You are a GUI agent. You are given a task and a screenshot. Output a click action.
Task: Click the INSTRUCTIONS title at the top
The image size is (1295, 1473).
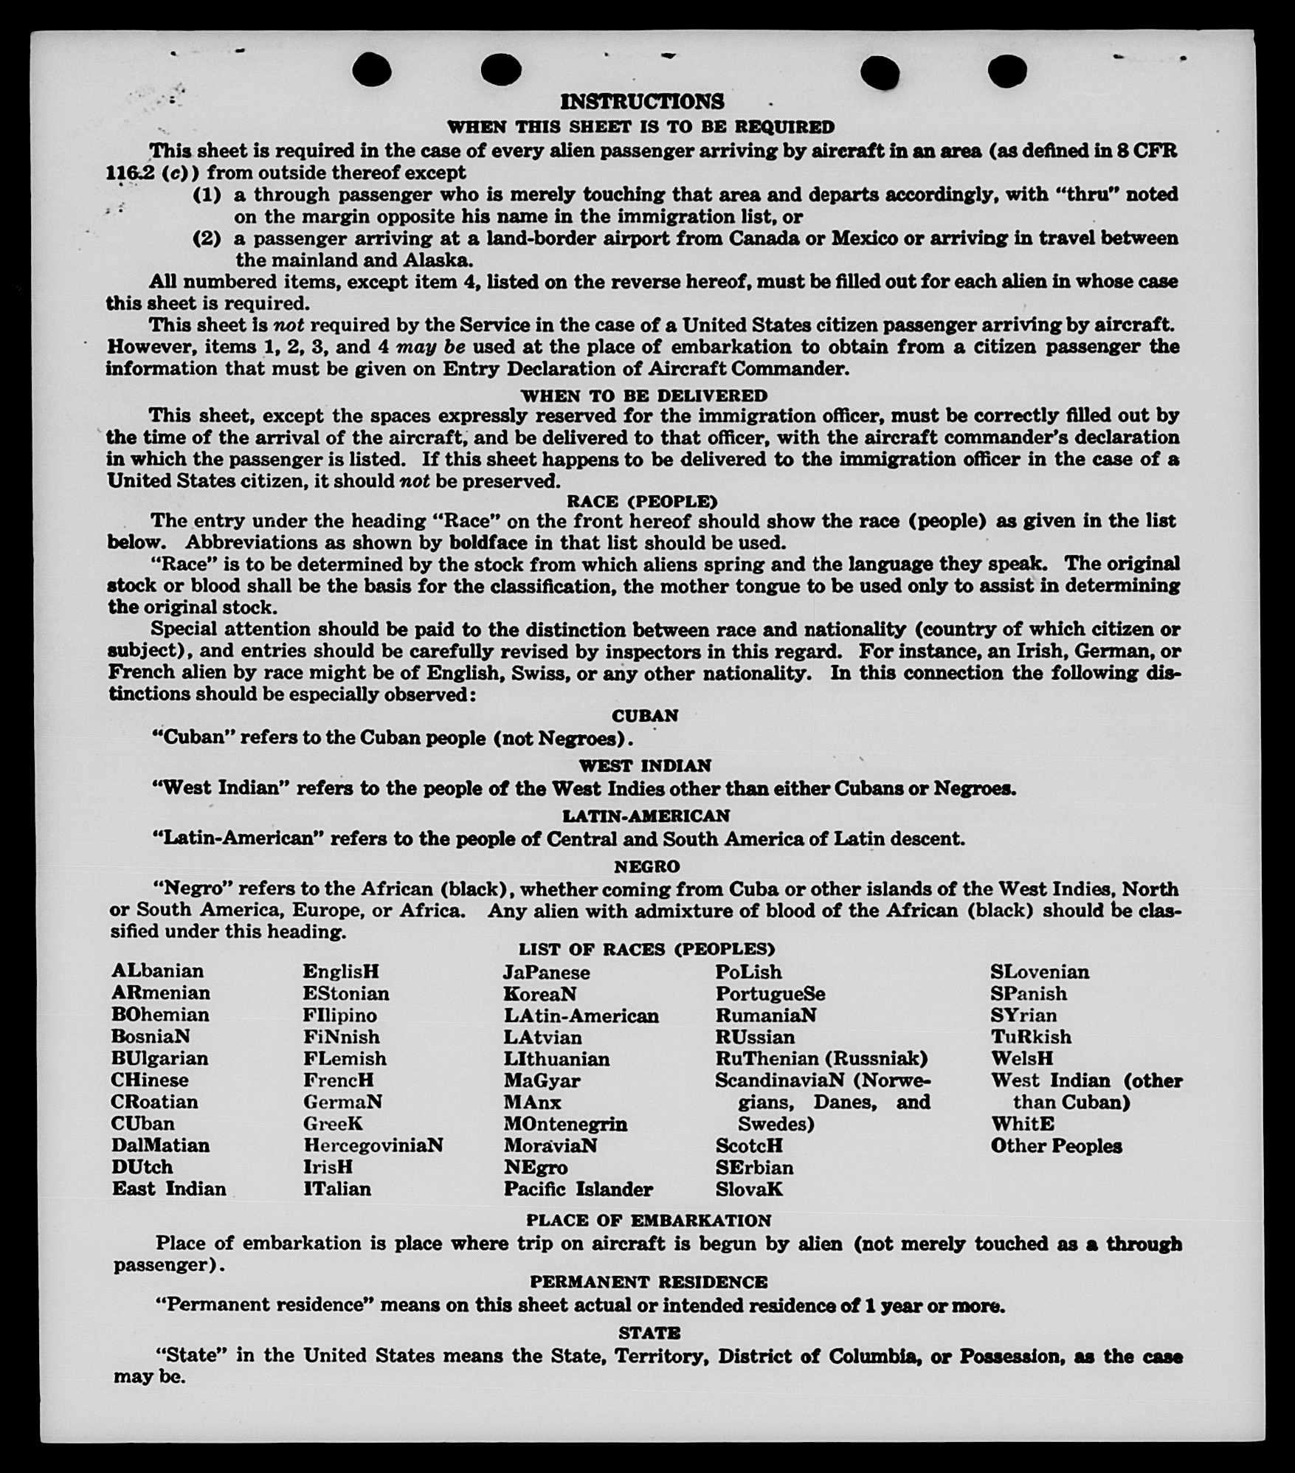642,101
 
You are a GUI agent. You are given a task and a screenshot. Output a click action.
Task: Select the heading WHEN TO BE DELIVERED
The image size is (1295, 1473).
644,396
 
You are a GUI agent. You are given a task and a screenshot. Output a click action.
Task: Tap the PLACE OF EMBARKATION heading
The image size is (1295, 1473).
649,1220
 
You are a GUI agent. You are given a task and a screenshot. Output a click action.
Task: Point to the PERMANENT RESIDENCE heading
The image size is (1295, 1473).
649,1282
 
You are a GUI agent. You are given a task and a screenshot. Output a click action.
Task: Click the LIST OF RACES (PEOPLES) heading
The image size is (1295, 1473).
646,949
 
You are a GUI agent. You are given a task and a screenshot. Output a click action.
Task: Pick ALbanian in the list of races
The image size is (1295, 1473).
157,971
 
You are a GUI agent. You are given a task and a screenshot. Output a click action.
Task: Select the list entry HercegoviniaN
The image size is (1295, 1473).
373,1145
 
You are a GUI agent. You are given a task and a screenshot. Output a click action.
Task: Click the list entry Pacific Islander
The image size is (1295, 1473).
578,1189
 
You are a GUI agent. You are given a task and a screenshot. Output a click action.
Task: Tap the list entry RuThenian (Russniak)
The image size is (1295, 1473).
821,1058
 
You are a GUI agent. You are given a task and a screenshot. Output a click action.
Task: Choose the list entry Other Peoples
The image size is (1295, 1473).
1056,1146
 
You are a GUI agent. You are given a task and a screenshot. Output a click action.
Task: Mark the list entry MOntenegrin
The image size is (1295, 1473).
565,1124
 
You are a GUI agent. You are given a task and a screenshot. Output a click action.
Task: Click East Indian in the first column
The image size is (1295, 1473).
169,1189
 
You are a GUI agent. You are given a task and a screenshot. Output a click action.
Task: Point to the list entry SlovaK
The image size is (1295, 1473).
749,1189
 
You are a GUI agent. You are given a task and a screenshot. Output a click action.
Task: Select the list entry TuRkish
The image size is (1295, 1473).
1031,1037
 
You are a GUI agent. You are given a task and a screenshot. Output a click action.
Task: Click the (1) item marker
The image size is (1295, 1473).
207,195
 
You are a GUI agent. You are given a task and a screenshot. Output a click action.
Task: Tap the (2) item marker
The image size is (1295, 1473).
207,238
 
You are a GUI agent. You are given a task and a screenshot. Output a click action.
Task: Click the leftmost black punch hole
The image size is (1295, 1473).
372,71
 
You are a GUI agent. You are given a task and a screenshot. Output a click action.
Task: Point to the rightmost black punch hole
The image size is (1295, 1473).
1007,72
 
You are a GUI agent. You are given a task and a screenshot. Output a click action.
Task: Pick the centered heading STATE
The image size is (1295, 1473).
649,1333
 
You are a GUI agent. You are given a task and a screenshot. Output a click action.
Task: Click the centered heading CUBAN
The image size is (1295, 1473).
645,716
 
